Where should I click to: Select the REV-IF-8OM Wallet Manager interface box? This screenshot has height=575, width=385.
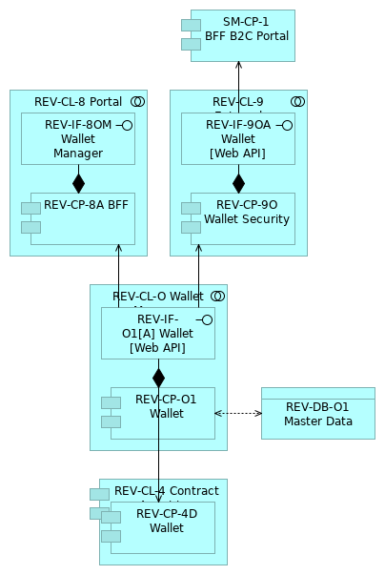tap(78, 139)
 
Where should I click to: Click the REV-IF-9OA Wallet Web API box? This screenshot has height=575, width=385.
tap(238, 139)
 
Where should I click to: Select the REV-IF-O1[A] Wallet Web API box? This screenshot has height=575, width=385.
tap(158, 334)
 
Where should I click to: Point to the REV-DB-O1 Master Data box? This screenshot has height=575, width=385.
tap(317, 413)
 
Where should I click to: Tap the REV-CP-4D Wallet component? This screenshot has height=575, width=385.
tap(166, 527)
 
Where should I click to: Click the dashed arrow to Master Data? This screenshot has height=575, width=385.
tap(238, 413)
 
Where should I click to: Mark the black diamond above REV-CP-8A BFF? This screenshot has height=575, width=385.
tap(78, 182)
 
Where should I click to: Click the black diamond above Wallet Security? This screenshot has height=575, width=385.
tap(238, 182)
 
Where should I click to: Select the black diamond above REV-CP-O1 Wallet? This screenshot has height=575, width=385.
tap(158, 377)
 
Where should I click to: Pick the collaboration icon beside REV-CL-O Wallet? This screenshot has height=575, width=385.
tap(217, 297)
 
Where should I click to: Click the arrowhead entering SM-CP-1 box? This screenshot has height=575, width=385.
tap(238, 66)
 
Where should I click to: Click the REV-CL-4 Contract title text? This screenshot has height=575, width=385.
tap(166, 491)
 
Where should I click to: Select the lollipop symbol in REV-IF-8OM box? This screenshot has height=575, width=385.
tap(126, 125)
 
